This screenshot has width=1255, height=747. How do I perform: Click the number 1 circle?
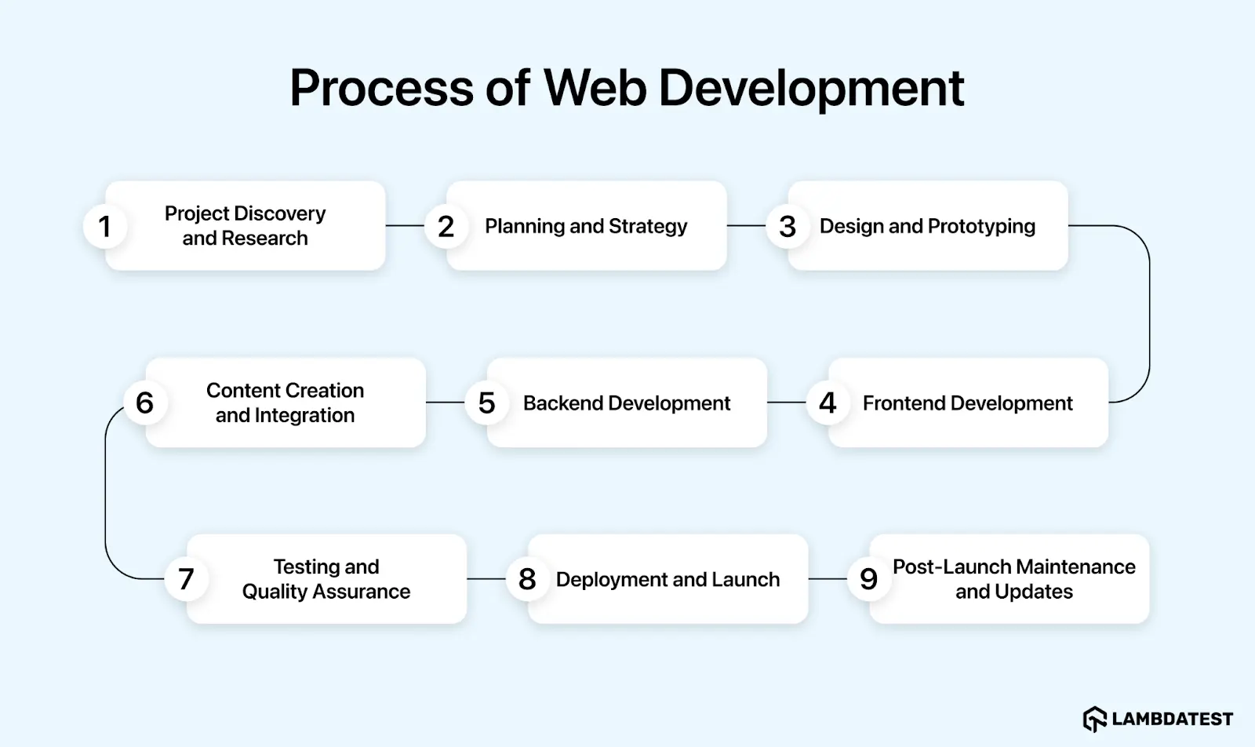pos(104,227)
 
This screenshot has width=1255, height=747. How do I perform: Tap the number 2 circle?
pos(446,227)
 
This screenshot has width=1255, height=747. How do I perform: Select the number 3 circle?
pos(788,227)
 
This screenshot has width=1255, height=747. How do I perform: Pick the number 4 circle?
pos(828,403)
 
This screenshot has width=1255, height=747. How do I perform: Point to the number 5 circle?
pos(486,403)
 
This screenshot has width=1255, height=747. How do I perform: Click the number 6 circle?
pos(144,403)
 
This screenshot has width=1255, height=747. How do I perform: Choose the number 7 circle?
pos(186,579)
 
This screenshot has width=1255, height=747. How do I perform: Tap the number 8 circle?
pos(527,579)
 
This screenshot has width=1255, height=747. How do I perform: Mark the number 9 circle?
pos(868,579)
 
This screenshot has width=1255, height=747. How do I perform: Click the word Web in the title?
pos(595,87)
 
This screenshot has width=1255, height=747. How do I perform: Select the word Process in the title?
pos(381,87)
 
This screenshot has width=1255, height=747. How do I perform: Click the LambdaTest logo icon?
pos(1094,719)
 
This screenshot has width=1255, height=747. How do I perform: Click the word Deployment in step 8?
pos(602,579)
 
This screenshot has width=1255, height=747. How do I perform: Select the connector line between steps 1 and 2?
pos(405,226)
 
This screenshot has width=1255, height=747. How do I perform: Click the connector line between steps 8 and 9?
pos(828,579)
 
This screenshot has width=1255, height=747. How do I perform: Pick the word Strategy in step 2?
pos(648,227)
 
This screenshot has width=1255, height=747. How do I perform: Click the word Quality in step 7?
pos(272,592)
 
